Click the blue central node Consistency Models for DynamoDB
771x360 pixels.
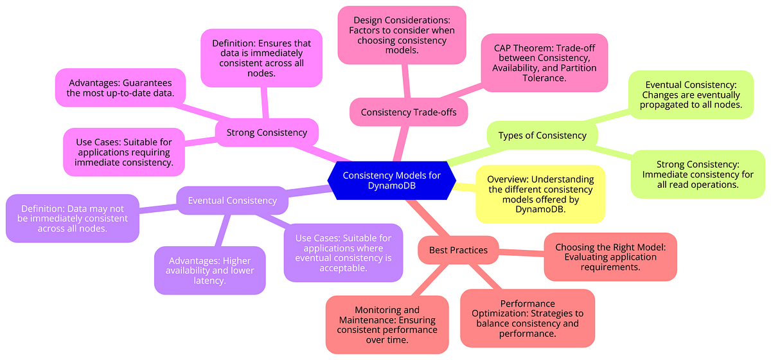point(391,181)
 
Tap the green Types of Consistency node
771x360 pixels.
point(542,136)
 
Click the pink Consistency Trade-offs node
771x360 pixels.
point(409,113)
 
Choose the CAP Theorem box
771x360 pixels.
point(545,62)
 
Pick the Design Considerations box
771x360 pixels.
point(402,35)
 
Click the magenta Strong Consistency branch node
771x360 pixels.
point(267,133)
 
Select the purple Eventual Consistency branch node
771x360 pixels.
point(232,201)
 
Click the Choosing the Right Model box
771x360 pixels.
point(610,256)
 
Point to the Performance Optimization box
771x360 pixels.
point(527,318)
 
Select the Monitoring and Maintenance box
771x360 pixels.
point(387,325)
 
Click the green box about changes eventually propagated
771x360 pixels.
point(690,94)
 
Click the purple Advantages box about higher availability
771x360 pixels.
point(209,270)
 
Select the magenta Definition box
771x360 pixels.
point(261,58)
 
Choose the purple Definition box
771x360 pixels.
point(73,219)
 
